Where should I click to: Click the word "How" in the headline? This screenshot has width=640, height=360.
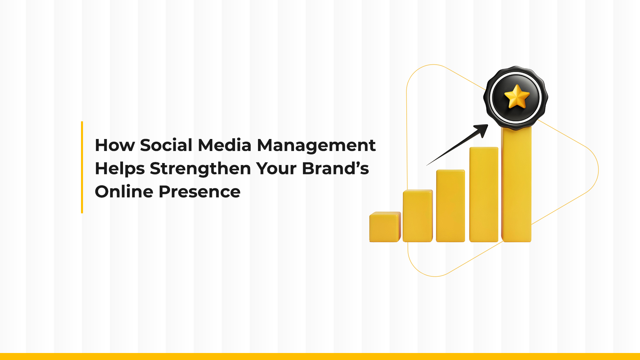pos(115,145)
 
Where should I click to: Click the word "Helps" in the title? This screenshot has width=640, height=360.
pos(120,169)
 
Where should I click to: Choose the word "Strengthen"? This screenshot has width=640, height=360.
pos(200,169)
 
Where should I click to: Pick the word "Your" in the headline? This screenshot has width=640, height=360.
pos(276,169)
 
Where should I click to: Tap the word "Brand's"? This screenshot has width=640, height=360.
pos(335,168)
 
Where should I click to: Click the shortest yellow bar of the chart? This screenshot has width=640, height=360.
pos(385,227)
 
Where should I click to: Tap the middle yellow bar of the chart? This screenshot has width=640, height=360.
pos(450,206)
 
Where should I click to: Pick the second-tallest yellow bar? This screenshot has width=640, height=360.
pos(484,195)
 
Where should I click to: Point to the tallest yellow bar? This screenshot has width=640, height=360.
pos(516,187)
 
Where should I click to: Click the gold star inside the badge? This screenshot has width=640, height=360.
pos(517,97)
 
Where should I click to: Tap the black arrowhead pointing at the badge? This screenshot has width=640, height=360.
pos(481,130)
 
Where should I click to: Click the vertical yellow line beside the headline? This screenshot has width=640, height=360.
pos(82,167)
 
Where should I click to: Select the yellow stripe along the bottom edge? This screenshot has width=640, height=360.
pos(320,356)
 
